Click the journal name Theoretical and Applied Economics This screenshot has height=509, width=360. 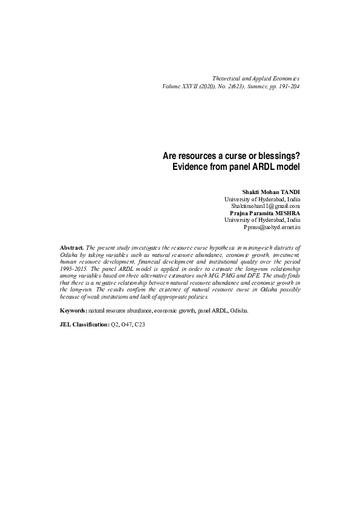pyautogui.click(x=257, y=79)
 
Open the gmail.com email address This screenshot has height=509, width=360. pyautogui.click(x=266, y=206)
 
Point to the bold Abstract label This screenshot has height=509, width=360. pyautogui.click(x=73, y=248)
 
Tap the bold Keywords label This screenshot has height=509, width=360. pyautogui.click(x=74, y=310)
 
